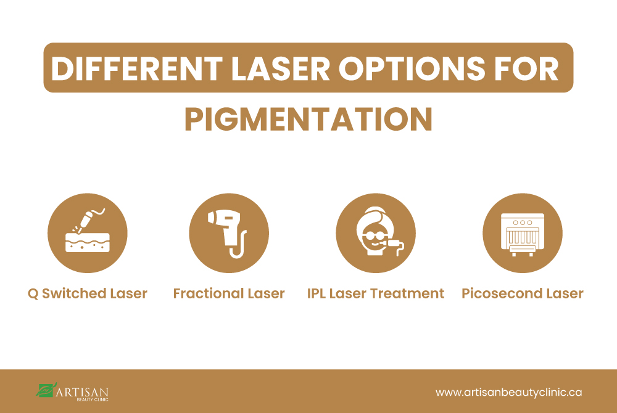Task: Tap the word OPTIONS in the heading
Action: pos(425,68)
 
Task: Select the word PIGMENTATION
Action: pos(308,119)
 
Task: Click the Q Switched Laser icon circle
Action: pos(88,232)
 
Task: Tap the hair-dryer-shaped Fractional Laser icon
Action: pos(229,232)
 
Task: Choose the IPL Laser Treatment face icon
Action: pos(376,232)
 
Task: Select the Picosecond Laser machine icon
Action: pos(523,232)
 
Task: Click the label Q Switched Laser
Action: pos(88,293)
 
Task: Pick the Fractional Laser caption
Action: pos(229,293)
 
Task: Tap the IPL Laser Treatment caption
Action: pos(376,293)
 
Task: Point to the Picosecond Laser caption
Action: pos(523,293)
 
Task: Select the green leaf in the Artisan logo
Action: pos(46,390)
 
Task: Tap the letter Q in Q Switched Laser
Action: pos(33,294)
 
